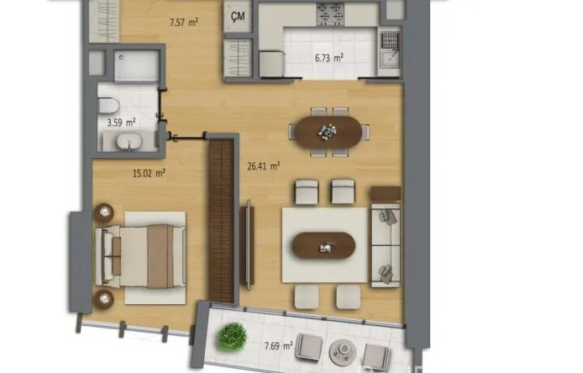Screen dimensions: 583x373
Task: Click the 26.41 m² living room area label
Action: (263, 165)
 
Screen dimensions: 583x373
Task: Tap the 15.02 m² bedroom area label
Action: (149, 173)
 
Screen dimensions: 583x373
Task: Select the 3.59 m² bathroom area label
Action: (121, 122)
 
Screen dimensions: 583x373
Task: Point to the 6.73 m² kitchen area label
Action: (329, 58)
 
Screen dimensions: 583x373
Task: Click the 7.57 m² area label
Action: (184, 23)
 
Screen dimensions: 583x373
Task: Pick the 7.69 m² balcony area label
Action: (279, 346)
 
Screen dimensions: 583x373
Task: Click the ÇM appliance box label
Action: (237, 16)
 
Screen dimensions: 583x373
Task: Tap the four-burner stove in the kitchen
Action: (330, 14)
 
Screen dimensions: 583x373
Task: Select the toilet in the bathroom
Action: (109, 105)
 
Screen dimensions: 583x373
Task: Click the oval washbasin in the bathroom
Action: (129, 141)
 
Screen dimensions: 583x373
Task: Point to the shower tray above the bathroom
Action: (137, 66)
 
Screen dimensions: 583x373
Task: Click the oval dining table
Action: (328, 131)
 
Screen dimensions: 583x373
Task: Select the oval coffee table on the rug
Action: (323, 246)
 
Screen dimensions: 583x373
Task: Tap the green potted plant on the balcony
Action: (232, 337)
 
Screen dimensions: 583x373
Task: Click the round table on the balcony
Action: (343, 351)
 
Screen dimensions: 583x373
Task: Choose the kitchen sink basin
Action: (389, 58)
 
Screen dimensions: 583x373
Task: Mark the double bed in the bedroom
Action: (141, 256)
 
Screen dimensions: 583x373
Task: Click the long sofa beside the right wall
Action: (385, 245)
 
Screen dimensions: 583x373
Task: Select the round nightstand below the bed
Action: (104, 299)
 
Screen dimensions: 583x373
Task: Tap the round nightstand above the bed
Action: (104, 213)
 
